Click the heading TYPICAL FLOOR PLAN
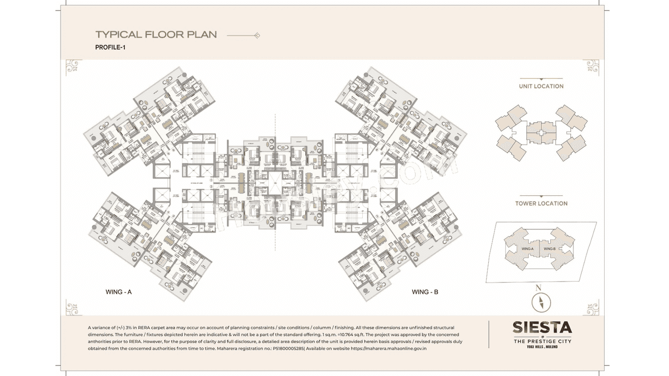click(156, 35)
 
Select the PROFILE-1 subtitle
click(110, 48)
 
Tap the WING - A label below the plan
click(119, 292)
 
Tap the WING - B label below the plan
click(425, 292)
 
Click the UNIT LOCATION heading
click(541, 86)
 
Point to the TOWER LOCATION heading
click(541, 203)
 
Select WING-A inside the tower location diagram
click(527, 249)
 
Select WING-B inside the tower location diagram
click(549, 249)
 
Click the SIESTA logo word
click(541, 328)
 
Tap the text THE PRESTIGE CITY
click(542, 341)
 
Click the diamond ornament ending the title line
click(257, 36)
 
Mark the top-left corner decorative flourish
click(73, 67)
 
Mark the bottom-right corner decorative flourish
click(591, 308)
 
